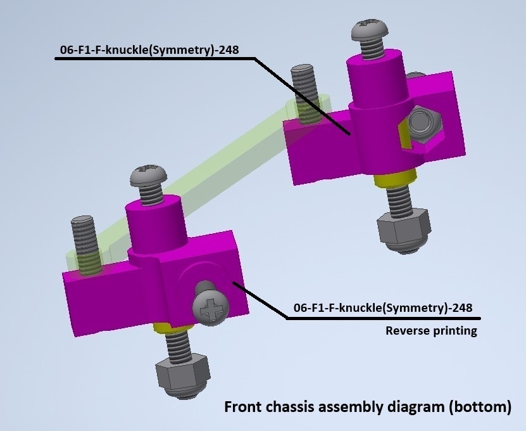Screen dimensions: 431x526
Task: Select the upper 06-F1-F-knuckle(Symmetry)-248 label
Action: coord(147,51)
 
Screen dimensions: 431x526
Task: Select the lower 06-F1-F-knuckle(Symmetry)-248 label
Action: coord(383,309)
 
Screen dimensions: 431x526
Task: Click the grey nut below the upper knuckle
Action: coord(403,228)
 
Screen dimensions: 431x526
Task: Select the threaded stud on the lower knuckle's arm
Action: coord(84,238)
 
